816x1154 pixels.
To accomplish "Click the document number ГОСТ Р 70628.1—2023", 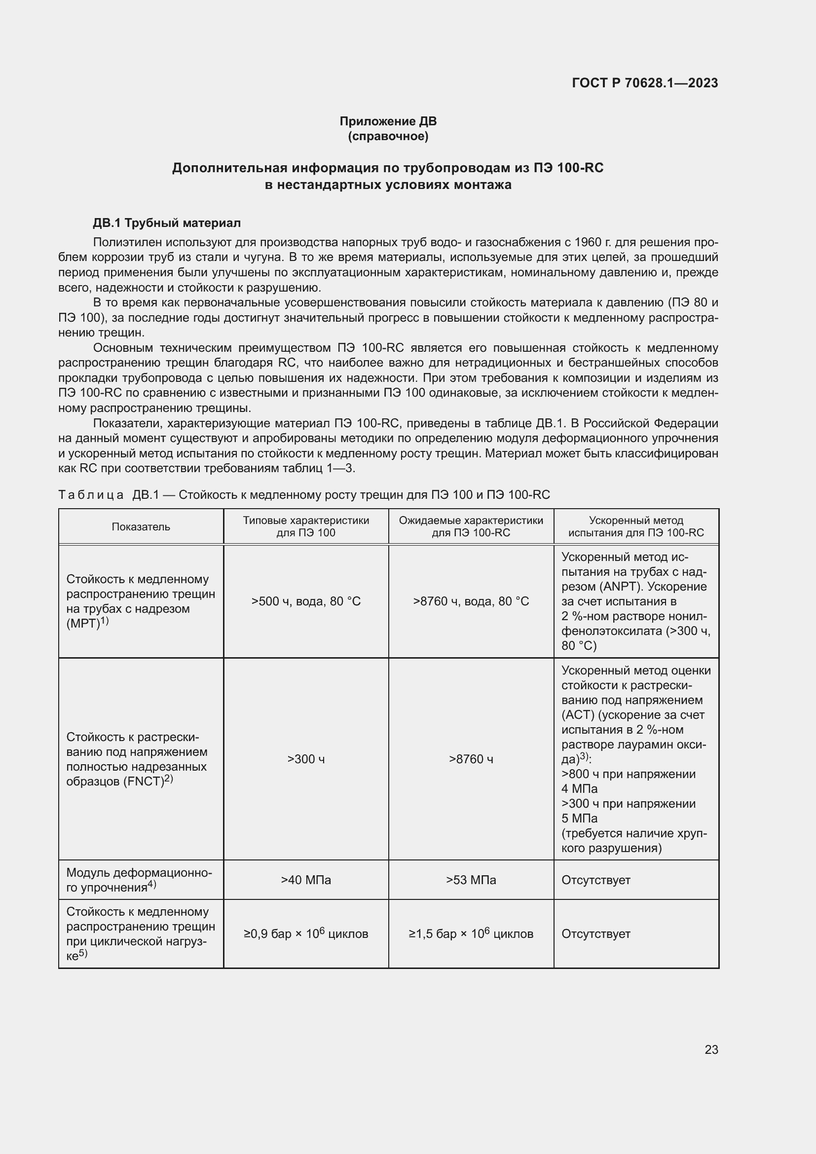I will pyautogui.click(x=645, y=83).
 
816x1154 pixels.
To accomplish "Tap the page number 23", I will pyautogui.click(x=711, y=1049).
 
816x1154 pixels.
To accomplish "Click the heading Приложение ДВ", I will pyautogui.click(x=388, y=121).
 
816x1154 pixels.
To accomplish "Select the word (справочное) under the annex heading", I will pyautogui.click(x=388, y=136).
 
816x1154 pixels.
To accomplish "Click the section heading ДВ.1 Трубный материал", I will pyautogui.click(x=167, y=223).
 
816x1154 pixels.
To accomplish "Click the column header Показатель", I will pyautogui.click(x=141, y=527).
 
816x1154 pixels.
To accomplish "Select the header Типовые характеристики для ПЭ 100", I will pyautogui.click(x=305, y=526).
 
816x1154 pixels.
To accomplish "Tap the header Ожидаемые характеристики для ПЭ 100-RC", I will pyautogui.click(x=471, y=526).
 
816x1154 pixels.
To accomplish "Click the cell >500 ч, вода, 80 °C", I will pyautogui.click(x=305, y=601).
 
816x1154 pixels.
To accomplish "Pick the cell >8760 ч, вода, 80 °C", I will pyautogui.click(x=471, y=601).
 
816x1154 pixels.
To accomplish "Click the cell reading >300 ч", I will pyautogui.click(x=305, y=759).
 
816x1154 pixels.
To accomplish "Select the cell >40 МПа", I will pyautogui.click(x=305, y=880).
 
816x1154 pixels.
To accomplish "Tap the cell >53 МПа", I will pyautogui.click(x=471, y=880).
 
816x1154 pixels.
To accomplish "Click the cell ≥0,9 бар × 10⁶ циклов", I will pyautogui.click(x=305, y=933).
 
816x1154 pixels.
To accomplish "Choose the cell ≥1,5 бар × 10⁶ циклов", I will pyautogui.click(x=471, y=933).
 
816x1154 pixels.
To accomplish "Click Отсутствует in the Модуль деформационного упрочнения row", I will pyautogui.click(x=595, y=880).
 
